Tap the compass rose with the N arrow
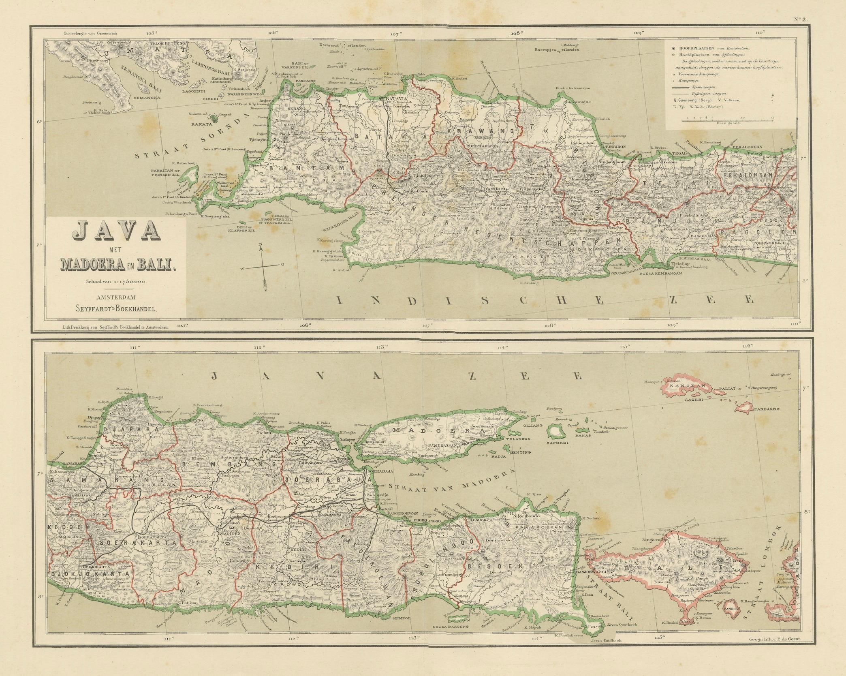(x=264, y=265)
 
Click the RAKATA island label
(x=204, y=124)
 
